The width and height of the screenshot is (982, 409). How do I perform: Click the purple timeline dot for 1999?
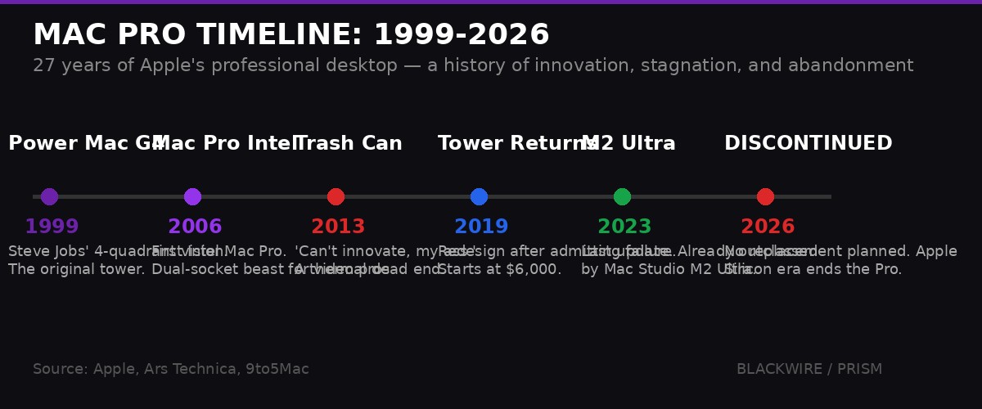tap(49, 196)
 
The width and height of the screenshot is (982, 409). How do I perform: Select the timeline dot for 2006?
tap(192, 196)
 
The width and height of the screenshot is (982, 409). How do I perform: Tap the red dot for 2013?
tap(336, 196)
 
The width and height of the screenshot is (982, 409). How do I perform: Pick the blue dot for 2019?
tap(479, 196)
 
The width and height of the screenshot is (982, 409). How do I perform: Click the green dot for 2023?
tap(622, 196)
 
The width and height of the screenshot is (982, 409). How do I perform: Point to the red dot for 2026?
tap(765, 196)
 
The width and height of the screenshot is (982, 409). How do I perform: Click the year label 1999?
tap(52, 227)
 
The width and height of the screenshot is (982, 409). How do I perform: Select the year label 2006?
tap(195, 227)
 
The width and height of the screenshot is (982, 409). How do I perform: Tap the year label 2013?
tap(338, 227)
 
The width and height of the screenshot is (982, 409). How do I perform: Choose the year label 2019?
tap(481, 227)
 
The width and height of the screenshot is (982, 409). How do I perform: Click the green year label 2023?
tap(624, 227)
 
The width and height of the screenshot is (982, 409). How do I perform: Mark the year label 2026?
tap(768, 227)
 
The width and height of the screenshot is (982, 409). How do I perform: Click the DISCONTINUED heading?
tap(808, 144)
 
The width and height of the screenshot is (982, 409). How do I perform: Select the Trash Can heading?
tap(349, 144)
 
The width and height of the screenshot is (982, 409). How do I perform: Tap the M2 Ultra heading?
tap(628, 144)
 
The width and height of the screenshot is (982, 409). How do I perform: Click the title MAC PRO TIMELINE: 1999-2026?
tap(291, 35)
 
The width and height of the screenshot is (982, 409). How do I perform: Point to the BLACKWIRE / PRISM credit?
tap(809, 370)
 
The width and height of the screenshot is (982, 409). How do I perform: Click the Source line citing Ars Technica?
tap(171, 370)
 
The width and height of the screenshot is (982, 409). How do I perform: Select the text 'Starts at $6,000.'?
tap(499, 270)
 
